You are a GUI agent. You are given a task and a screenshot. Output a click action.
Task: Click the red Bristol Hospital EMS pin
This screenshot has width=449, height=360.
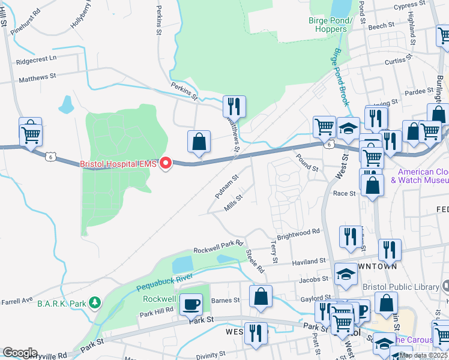point(169,163)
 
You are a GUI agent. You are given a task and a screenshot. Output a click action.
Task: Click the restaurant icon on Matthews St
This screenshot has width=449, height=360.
point(235,106)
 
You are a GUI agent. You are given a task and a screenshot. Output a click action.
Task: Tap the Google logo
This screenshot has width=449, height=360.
point(19,353)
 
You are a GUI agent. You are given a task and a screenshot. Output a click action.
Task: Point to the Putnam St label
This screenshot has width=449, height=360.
point(228,187)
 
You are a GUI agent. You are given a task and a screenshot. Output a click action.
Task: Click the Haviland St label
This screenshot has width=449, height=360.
point(309,262)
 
